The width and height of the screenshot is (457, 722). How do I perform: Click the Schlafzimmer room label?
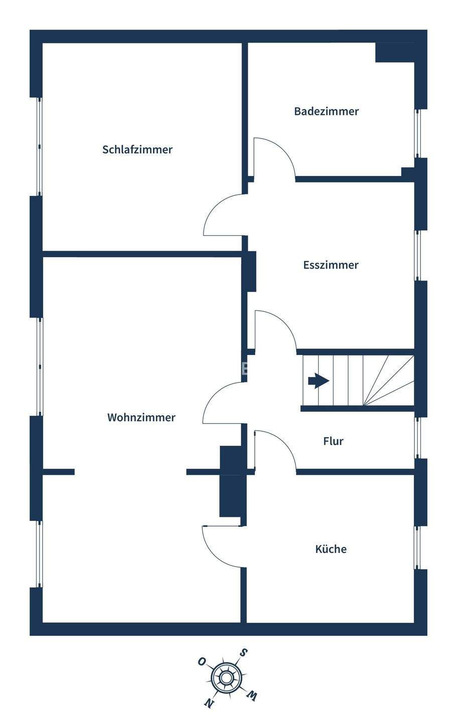click(x=137, y=149)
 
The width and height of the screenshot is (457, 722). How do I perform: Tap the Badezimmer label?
click(x=326, y=111)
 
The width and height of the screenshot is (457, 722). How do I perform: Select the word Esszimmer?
click(x=331, y=265)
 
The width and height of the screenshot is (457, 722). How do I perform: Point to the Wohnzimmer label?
click(x=141, y=417)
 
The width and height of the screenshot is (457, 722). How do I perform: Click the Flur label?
click(x=333, y=441)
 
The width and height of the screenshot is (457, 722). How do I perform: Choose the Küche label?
click(x=331, y=549)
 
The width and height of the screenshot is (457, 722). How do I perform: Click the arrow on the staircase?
click(x=318, y=381)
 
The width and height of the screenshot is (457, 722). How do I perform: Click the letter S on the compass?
click(x=243, y=653)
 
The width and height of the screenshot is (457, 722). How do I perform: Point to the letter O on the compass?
click(x=202, y=661)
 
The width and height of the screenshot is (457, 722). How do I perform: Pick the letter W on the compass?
click(x=251, y=695)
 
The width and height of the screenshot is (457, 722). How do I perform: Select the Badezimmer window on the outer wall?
click(x=416, y=133)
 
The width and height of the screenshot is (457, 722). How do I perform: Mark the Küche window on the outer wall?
click(x=416, y=547)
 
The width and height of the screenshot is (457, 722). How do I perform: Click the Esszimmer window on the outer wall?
click(x=416, y=255)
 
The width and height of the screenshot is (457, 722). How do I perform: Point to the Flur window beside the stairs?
click(x=416, y=438)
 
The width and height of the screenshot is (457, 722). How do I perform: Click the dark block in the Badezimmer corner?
click(x=394, y=53)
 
